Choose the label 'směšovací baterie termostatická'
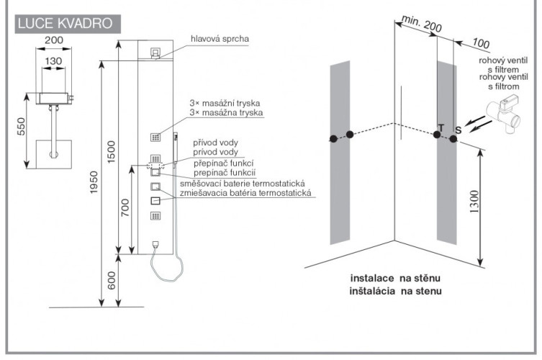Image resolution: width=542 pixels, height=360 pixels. [247, 184]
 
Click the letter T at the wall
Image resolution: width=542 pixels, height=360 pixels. [441, 127]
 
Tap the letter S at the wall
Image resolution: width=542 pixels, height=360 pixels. [456, 129]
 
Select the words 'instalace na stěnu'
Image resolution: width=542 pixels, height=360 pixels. [395, 278]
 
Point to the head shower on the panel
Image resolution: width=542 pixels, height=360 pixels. [155, 53]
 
